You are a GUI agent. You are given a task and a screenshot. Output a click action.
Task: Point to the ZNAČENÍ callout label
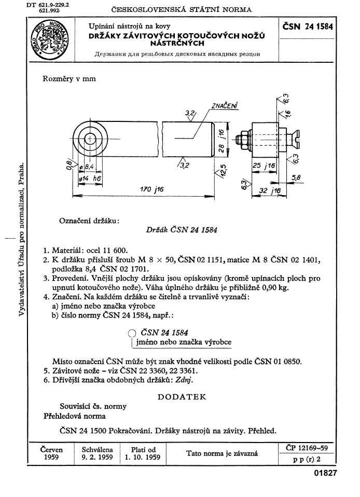click(224, 106)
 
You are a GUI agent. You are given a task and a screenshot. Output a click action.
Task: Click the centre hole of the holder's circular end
click(90, 139)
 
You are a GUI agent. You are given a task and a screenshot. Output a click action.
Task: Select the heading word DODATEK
click(181, 397)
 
